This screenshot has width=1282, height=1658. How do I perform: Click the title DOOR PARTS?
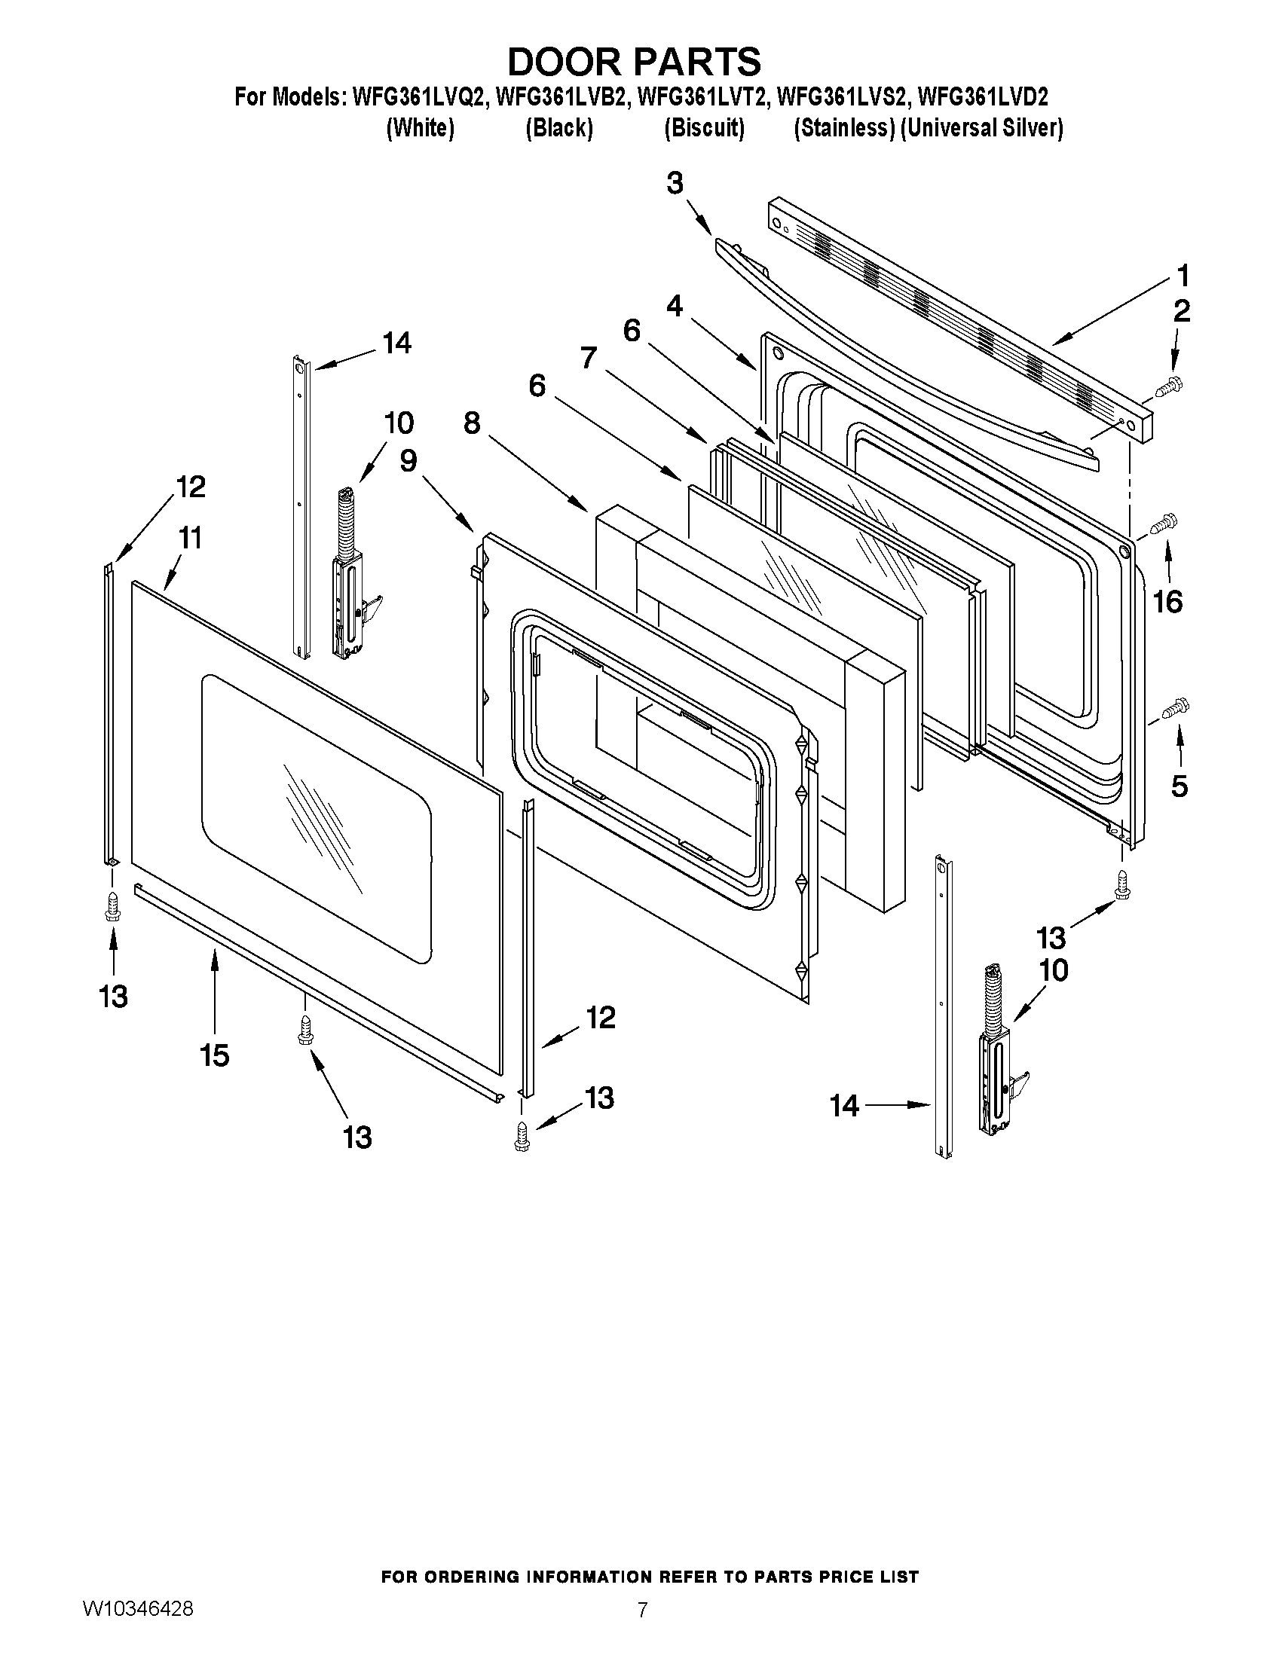634,62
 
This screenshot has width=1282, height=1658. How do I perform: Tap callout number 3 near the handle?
675,183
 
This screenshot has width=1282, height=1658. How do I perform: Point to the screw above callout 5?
1176,707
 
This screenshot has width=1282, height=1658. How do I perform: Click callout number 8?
473,423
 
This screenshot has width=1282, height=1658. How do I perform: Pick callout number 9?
408,460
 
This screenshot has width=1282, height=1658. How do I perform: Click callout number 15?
215,1055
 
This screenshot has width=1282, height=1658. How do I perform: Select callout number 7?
589,358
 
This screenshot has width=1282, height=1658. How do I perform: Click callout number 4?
675,306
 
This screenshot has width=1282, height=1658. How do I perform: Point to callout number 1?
1182,275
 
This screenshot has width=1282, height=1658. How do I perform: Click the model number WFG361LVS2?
844,97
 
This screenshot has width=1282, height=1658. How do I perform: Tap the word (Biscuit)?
704,127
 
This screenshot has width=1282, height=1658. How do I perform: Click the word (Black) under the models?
559,127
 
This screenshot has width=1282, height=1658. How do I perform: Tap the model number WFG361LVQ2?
418,97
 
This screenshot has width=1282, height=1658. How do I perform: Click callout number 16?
1168,602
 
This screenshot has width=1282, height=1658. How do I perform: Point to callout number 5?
1179,786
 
